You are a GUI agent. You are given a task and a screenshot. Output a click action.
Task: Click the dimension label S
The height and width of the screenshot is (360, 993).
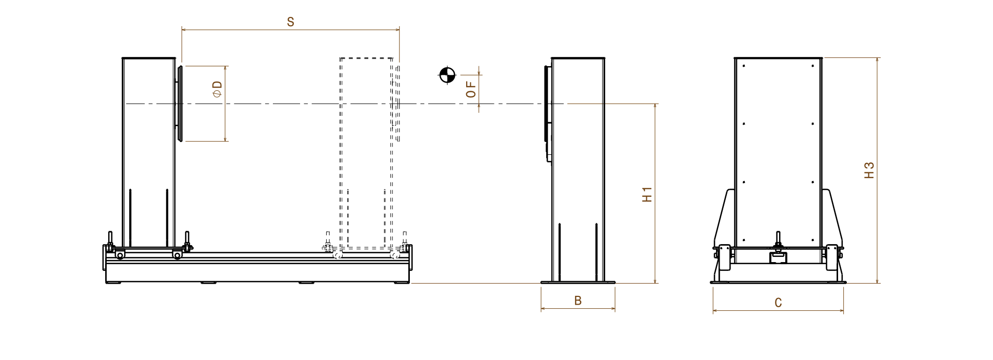[x=290, y=22]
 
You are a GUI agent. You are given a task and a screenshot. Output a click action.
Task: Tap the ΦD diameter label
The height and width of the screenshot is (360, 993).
[x=217, y=89]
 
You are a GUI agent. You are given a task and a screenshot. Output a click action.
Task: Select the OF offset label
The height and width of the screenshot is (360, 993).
[x=471, y=89]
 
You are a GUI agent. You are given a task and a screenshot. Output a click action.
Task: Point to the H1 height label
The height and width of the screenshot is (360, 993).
[x=647, y=194]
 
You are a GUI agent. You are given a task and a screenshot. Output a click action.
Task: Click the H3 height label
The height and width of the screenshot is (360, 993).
[x=869, y=170]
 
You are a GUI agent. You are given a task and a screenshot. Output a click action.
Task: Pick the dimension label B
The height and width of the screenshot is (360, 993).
[x=578, y=301]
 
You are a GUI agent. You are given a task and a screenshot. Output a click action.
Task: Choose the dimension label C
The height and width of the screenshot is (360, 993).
[x=778, y=303]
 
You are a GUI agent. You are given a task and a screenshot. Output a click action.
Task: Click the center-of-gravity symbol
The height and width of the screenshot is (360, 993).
[x=447, y=75]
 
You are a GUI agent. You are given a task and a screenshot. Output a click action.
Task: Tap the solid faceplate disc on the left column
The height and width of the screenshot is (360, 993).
[x=180, y=103]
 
